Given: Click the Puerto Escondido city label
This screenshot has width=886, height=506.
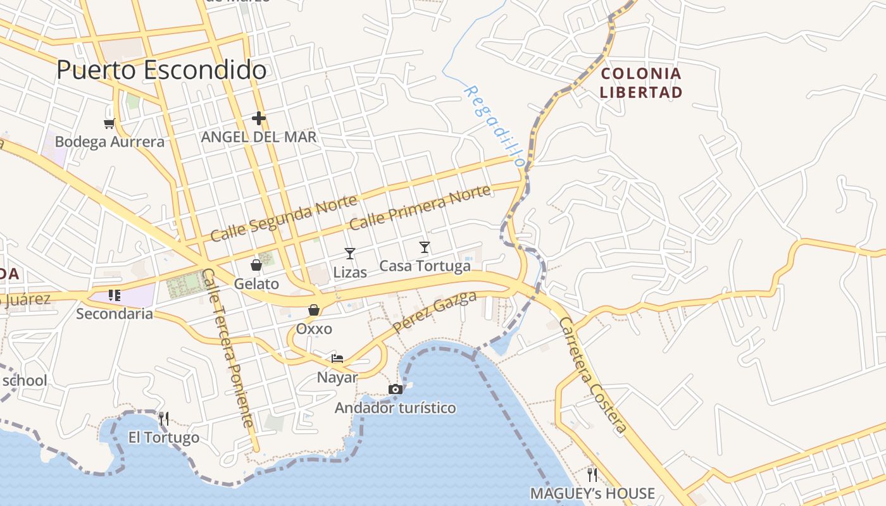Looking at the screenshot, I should click(161, 70).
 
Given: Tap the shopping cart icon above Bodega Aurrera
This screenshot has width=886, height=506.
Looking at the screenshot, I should click(109, 123).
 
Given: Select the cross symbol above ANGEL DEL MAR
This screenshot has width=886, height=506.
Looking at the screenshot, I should click(258, 118).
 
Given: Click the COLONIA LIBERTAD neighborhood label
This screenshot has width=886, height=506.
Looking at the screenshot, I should click(641, 83).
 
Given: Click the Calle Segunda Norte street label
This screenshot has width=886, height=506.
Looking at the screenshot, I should click(284, 219).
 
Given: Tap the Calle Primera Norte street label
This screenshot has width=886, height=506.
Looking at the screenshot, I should click(420, 207).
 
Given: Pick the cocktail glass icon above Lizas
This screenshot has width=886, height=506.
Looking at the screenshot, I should click(349, 254).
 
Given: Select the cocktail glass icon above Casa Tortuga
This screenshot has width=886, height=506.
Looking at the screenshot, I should click(425, 247).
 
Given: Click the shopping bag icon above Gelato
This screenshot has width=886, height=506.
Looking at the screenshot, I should click(256, 264).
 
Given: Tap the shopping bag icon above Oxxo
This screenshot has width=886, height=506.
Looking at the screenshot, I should click(313, 310).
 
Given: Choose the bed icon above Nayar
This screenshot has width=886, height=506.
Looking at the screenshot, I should click(337, 358).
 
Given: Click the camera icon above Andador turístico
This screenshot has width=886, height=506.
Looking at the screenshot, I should click(396, 389).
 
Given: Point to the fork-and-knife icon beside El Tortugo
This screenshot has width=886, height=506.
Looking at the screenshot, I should click(163, 418).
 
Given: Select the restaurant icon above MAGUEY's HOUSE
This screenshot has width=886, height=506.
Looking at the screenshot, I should click(592, 474).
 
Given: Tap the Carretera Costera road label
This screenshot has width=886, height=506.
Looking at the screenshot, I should click(593, 376).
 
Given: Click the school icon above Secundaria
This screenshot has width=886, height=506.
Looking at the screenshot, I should click(115, 295).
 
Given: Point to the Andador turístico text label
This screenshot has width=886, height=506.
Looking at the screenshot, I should click(395, 408).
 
